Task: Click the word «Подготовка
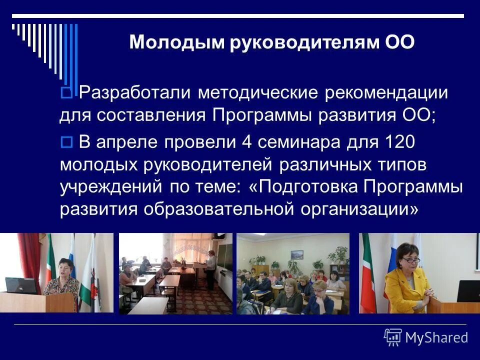(302, 187)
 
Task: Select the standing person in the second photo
(210, 270)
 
